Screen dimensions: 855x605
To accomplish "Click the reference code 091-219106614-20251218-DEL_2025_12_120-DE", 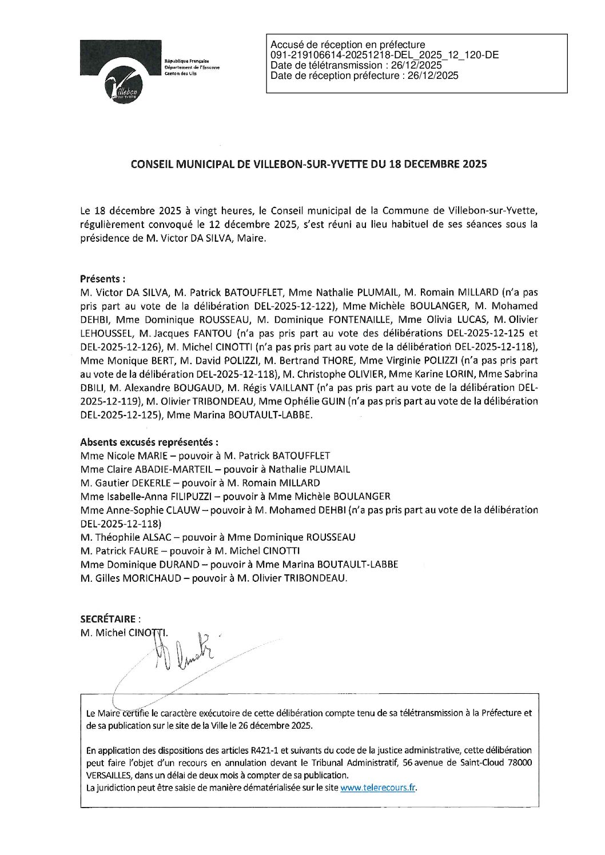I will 384,55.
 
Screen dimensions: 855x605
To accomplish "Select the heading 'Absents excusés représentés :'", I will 149,442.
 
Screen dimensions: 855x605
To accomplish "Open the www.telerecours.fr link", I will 377,787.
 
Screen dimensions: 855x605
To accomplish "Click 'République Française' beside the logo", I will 186,61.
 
